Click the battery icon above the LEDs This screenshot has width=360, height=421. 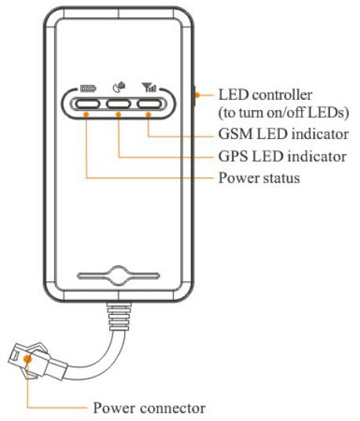point(88,88)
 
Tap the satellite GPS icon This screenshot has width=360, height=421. point(119,87)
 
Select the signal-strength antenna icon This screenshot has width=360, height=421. point(149,87)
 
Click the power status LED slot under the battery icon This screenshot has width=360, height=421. point(87,104)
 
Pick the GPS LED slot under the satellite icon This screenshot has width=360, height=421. point(118,104)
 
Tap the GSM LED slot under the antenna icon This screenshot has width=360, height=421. point(149,104)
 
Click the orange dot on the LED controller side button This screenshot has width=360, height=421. point(197,95)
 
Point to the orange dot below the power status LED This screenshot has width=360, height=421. point(86,115)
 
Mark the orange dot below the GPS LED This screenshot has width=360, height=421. point(118,115)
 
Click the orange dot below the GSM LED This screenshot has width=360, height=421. point(149,115)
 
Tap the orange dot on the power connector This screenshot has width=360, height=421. point(28,359)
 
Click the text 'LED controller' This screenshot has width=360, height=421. point(265,95)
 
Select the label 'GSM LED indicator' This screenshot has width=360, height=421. point(284,134)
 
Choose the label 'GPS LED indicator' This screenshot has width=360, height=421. point(282,156)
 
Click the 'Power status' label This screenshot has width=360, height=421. point(259,178)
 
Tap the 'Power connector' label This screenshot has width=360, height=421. point(149,408)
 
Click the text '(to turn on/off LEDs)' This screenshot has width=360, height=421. point(284,112)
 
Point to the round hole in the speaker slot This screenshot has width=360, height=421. point(119,276)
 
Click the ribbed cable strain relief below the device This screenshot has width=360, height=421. point(119,317)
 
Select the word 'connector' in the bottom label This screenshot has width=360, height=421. point(173,408)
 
